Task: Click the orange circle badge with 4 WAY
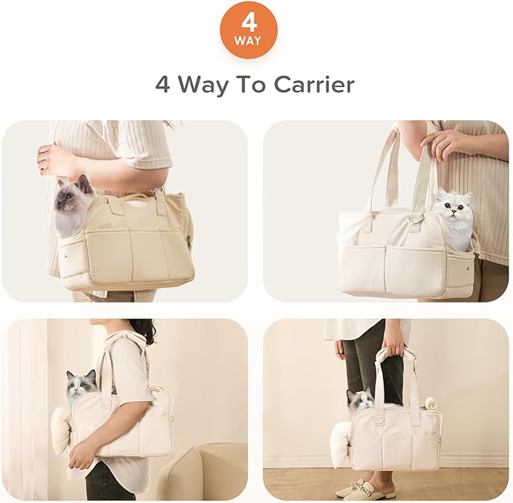pos(249,29)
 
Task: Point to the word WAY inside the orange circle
pos(249,39)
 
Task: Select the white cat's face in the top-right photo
pos(453,210)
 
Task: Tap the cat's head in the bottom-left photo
pos(81,383)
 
